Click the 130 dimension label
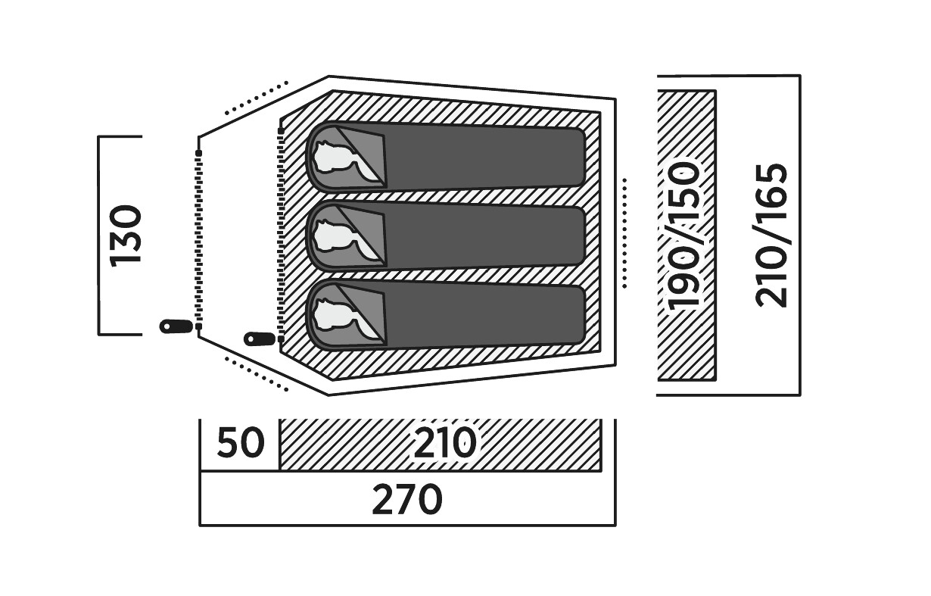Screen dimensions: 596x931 (126, 235)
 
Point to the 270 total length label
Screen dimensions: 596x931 (406, 500)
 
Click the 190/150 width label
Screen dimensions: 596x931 (686, 235)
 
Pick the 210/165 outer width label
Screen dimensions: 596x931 (772, 235)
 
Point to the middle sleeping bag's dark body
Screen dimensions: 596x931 (484, 236)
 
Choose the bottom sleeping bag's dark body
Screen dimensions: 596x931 (484, 316)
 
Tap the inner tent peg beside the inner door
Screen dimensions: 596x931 (260, 339)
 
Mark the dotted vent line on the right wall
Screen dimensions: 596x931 (624, 233)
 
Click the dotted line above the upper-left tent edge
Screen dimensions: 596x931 (257, 98)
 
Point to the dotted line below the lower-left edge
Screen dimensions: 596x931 (257, 374)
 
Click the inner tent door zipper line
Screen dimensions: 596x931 (281, 235)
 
